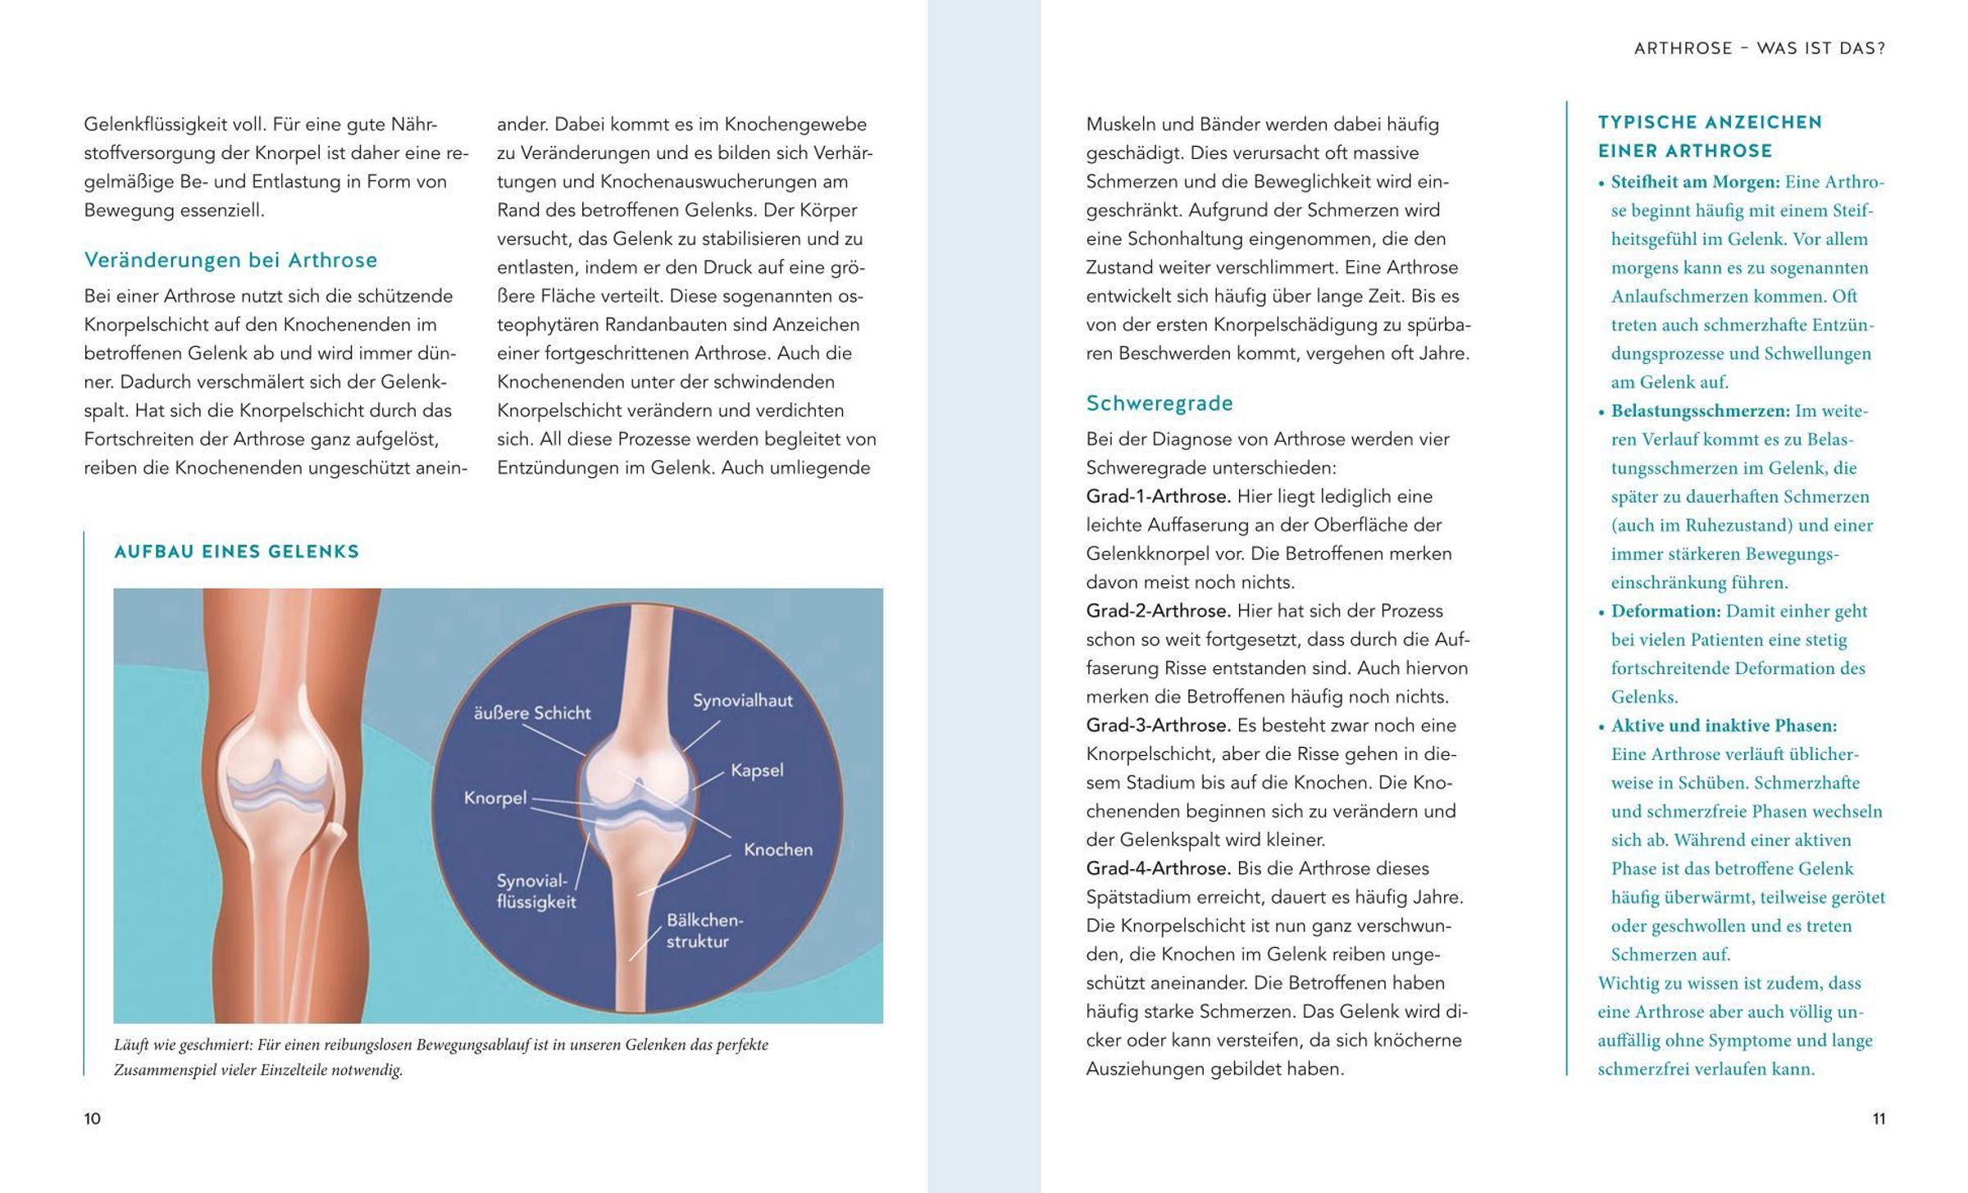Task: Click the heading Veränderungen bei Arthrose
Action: click(230, 261)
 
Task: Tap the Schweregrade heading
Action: click(1159, 403)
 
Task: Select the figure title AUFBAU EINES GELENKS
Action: click(237, 552)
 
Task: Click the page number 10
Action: click(92, 1118)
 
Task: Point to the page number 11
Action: click(1879, 1118)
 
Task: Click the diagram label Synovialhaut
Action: click(742, 701)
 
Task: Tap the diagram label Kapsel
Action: click(757, 771)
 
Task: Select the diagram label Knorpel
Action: click(494, 798)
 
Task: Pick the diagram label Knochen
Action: click(777, 849)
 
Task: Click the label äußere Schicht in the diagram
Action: click(532, 713)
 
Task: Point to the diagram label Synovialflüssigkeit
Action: click(535, 891)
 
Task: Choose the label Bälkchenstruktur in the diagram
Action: click(704, 931)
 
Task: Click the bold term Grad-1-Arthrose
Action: click(1158, 497)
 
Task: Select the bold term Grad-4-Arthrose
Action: click(1158, 868)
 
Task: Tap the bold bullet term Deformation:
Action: click(1665, 612)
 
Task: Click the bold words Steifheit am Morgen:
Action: click(1695, 182)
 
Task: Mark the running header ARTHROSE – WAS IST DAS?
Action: click(1759, 48)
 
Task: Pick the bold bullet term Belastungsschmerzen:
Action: click(1700, 411)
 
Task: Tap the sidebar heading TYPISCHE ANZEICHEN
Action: click(1710, 123)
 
